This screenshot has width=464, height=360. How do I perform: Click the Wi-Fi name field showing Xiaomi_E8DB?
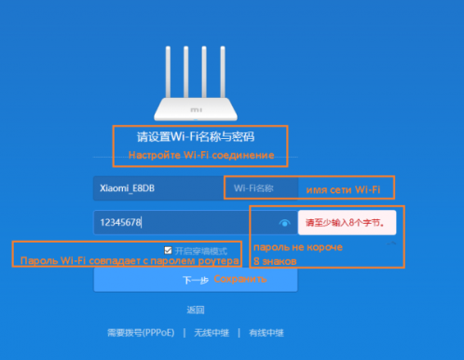154,188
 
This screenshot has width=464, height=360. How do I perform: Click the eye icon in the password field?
284,224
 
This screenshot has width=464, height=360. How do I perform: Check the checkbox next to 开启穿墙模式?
167,250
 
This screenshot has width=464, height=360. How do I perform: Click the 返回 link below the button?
195,310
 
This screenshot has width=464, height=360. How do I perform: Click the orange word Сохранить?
233,278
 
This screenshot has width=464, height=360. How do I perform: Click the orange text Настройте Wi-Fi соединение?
200,155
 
